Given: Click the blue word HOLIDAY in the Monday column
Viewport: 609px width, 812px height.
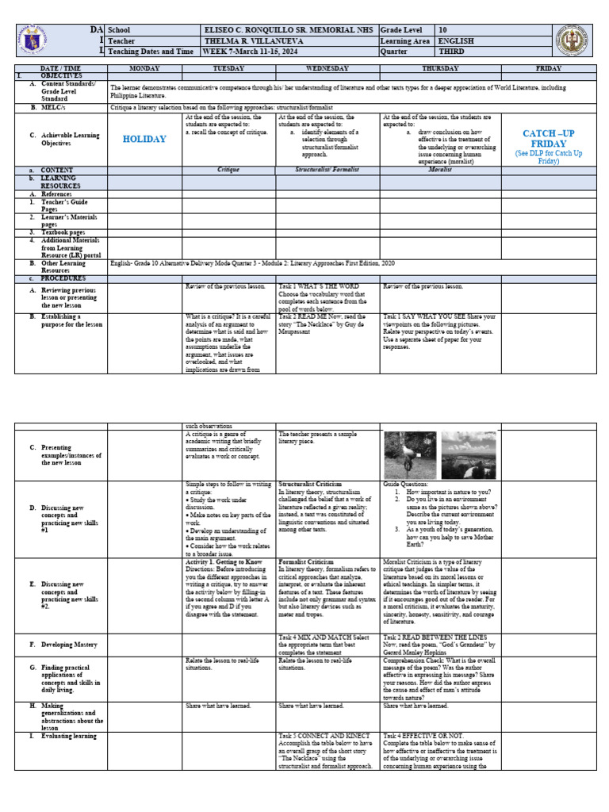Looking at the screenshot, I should click(144, 139).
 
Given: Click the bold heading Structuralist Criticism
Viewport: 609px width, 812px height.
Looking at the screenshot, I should click(310, 484).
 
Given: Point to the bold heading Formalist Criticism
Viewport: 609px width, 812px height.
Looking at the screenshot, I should click(306, 561).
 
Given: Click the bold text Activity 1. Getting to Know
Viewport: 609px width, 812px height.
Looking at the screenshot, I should click(222, 561).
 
